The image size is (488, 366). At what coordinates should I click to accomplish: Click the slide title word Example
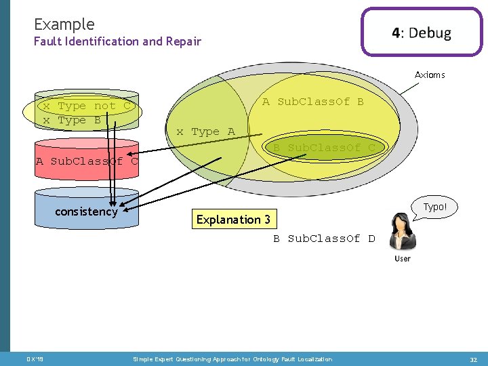pos(64,24)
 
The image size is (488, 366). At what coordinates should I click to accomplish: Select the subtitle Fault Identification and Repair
pos(117,42)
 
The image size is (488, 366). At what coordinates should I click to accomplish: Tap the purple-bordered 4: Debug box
pos(421,33)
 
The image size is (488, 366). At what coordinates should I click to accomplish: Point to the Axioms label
pos(430,75)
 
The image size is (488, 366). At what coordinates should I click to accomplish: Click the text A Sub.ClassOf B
pos(312,102)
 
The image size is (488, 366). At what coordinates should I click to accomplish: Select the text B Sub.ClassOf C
pos(324,148)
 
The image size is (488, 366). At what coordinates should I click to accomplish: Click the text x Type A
pos(205,131)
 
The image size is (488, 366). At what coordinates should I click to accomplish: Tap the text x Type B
pos(72,120)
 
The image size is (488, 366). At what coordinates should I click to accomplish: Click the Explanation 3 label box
pos(233,219)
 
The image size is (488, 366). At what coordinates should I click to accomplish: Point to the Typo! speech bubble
pos(434,207)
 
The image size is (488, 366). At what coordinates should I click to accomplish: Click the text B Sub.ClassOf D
pos(324,239)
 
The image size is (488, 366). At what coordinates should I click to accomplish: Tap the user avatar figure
pos(403,232)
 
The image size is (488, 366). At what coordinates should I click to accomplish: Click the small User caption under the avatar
pos(403,258)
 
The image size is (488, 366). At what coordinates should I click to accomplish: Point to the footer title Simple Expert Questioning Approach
pos(232,359)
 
